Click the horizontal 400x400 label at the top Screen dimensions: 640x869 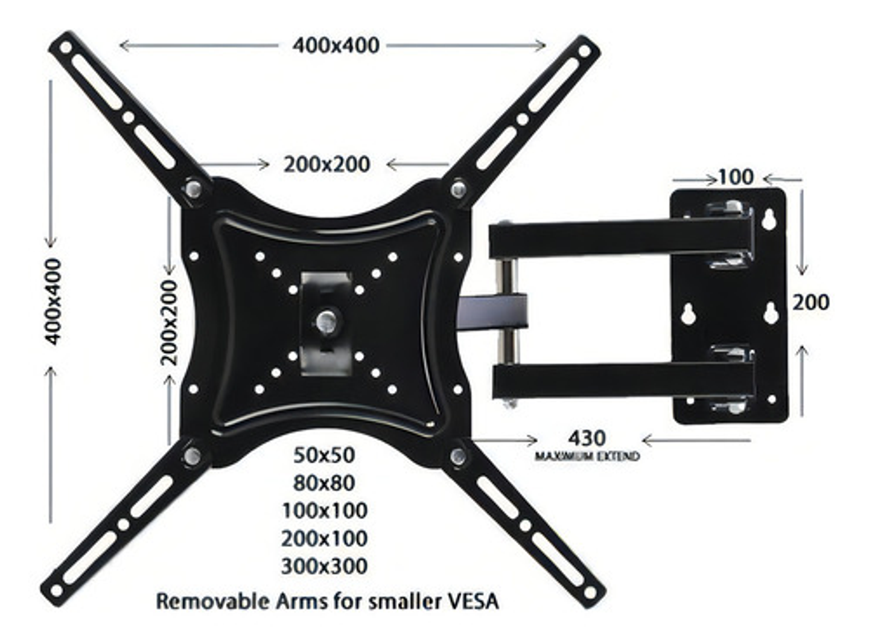[336, 46]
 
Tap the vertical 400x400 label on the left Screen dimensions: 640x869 [53, 301]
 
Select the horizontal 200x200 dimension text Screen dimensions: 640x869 [326, 164]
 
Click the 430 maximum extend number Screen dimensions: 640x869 [587, 438]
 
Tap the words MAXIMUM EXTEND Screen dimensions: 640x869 [587, 456]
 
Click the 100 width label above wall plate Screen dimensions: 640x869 [736, 177]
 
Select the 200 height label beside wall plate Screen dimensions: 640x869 [810, 302]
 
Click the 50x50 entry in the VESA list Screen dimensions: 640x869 [324, 455]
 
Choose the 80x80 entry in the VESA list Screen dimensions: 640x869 [324, 483]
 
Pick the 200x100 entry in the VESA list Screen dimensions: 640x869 [324, 539]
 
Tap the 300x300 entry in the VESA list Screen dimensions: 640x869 [324, 566]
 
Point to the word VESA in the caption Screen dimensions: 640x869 [473, 601]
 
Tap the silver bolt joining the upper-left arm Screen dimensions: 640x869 [194, 189]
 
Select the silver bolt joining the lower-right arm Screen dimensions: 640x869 [458, 455]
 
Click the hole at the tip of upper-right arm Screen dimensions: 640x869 [584, 51]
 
